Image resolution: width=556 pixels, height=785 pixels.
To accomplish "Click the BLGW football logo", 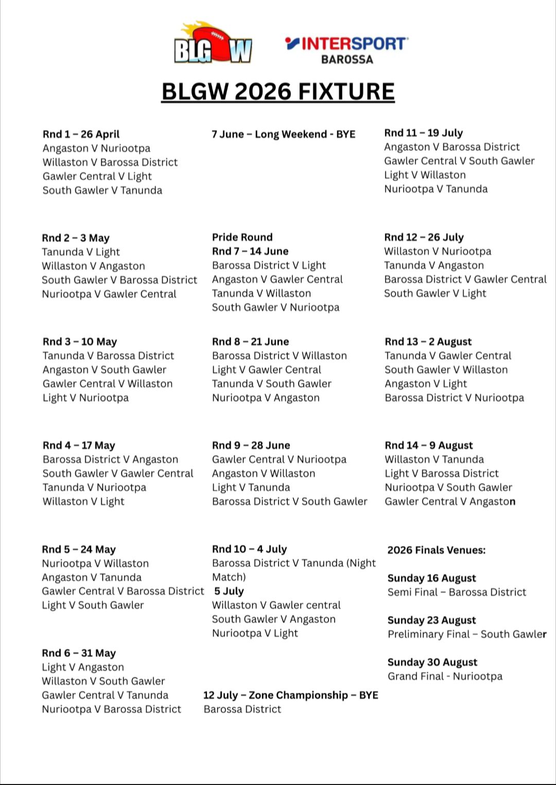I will tap(213, 43).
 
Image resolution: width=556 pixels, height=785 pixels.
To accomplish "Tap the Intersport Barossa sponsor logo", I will tap(346, 49).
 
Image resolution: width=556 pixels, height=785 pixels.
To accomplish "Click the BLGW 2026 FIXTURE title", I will tap(278, 92).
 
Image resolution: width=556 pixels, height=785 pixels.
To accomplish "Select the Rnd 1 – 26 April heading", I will tap(81, 134).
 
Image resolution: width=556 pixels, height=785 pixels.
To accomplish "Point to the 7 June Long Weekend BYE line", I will tap(283, 134).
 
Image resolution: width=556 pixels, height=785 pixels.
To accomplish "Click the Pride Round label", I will tap(242, 237).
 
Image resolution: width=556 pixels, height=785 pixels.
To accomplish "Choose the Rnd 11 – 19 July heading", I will tap(423, 133).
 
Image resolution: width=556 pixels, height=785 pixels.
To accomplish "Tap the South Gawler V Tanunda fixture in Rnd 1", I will tap(102, 191).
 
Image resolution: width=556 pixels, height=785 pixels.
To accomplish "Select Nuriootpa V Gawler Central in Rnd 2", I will tap(109, 294).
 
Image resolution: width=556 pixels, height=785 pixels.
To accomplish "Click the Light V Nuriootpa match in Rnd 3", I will tap(85, 398).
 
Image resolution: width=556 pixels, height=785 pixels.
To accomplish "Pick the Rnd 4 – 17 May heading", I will tap(79, 446).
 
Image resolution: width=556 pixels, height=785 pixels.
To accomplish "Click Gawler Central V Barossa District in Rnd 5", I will tap(123, 591).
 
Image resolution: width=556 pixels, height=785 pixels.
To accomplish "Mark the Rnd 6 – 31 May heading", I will tap(79, 653).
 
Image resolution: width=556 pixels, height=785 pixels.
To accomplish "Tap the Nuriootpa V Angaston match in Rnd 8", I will tap(266, 398).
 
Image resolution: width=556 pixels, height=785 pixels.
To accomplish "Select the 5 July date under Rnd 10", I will tap(229, 591).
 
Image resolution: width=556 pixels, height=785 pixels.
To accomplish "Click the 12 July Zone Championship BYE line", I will tap(290, 695).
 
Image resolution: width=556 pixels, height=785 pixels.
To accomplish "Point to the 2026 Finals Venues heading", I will tap(436, 550).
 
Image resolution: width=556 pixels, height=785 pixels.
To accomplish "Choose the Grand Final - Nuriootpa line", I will tap(445, 676).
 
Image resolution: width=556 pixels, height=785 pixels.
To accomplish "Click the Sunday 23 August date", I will tap(431, 620).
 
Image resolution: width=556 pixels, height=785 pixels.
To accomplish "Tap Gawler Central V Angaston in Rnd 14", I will tap(450, 502).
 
